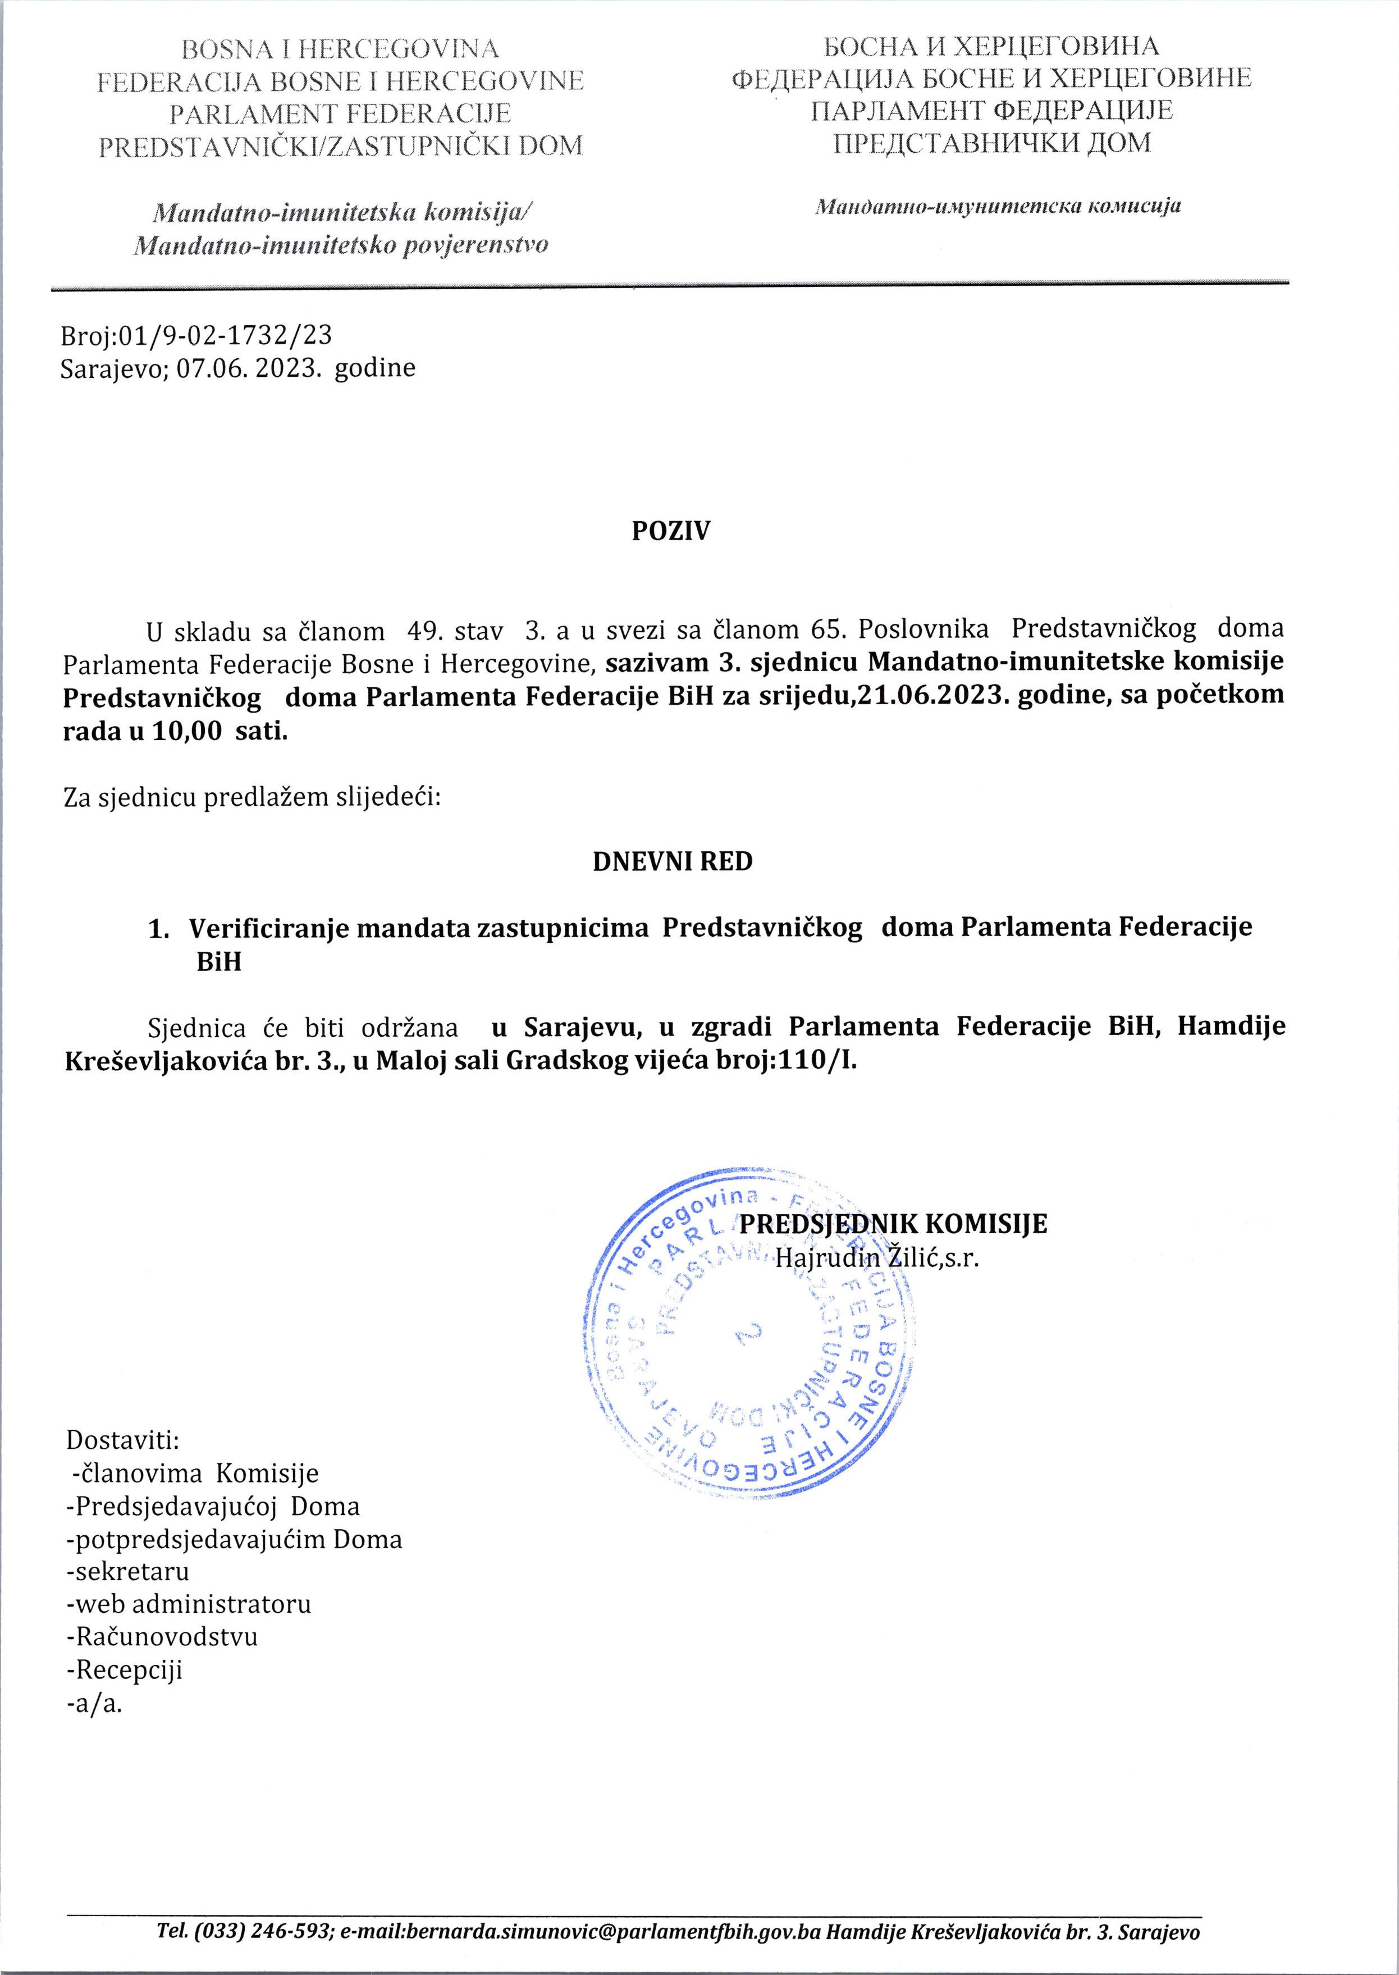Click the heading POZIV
tap(671, 532)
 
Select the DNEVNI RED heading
tap(672, 861)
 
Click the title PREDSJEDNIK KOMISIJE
tap(893, 1224)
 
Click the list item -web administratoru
tap(189, 1604)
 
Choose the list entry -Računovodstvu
tap(162, 1637)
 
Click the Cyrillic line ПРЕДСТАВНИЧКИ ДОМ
tap(991, 142)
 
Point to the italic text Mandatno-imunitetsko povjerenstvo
tap(340, 245)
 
